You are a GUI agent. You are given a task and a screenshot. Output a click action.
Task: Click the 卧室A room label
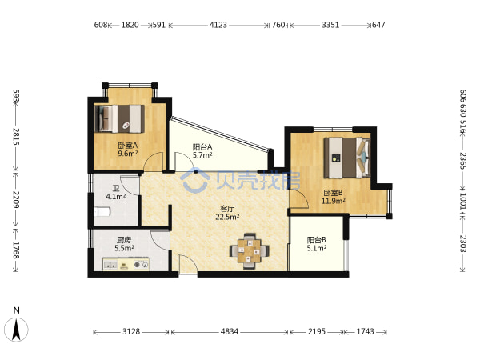(128, 146)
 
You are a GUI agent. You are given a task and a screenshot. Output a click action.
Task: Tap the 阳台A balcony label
(202, 147)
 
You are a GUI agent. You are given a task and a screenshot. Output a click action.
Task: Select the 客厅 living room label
(227, 209)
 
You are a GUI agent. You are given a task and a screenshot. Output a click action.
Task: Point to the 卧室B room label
(333, 193)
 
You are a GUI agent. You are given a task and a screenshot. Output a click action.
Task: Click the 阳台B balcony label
(317, 240)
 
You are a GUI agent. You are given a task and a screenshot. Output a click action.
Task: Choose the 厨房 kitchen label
(124, 240)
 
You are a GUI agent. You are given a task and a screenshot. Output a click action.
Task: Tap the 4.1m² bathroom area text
(116, 196)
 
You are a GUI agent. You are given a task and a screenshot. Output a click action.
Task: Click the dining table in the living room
(250, 251)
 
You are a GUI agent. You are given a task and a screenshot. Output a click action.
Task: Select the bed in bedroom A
(119, 118)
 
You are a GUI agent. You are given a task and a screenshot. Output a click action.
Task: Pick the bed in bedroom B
(347, 158)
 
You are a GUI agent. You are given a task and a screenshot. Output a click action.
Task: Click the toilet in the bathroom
(102, 211)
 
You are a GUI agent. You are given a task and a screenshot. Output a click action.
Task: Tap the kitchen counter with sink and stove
(126, 264)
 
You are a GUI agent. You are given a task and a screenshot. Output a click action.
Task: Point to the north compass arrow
(16, 330)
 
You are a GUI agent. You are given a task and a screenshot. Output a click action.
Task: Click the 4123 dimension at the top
(218, 25)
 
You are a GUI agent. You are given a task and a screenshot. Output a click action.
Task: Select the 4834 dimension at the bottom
(230, 331)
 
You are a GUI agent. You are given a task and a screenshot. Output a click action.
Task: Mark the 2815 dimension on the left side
(16, 137)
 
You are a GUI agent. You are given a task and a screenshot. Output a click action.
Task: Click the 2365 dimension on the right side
(463, 161)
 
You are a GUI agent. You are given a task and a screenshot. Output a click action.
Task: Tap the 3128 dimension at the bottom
(131, 331)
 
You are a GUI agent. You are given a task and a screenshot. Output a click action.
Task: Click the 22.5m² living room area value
(227, 217)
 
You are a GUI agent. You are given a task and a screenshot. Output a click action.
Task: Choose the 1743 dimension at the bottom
(366, 331)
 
